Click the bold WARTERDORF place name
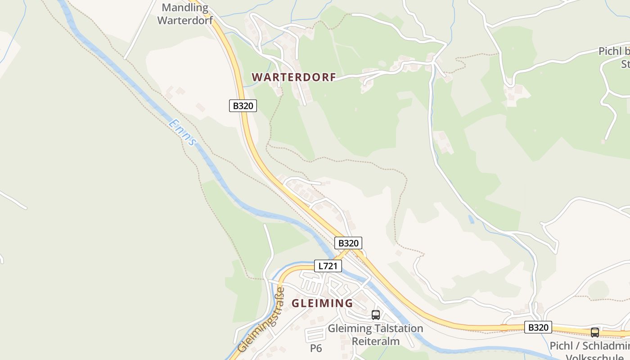[x=294, y=77]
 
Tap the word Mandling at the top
[x=185, y=8]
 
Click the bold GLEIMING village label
[x=322, y=303]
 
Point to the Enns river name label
[x=183, y=132]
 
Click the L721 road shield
[x=328, y=266]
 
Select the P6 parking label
[x=316, y=348]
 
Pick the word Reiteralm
[x=376, y=341]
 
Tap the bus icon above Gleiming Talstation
[x=376, y=315]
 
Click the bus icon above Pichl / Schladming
[x=595, y=333]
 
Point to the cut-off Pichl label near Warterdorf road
[x=615, y=51]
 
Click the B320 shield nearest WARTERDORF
[x=243, y=106]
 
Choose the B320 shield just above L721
[x=348, y=243]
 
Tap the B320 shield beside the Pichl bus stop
[x=538, y=327]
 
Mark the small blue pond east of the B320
[x=471, y=219]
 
